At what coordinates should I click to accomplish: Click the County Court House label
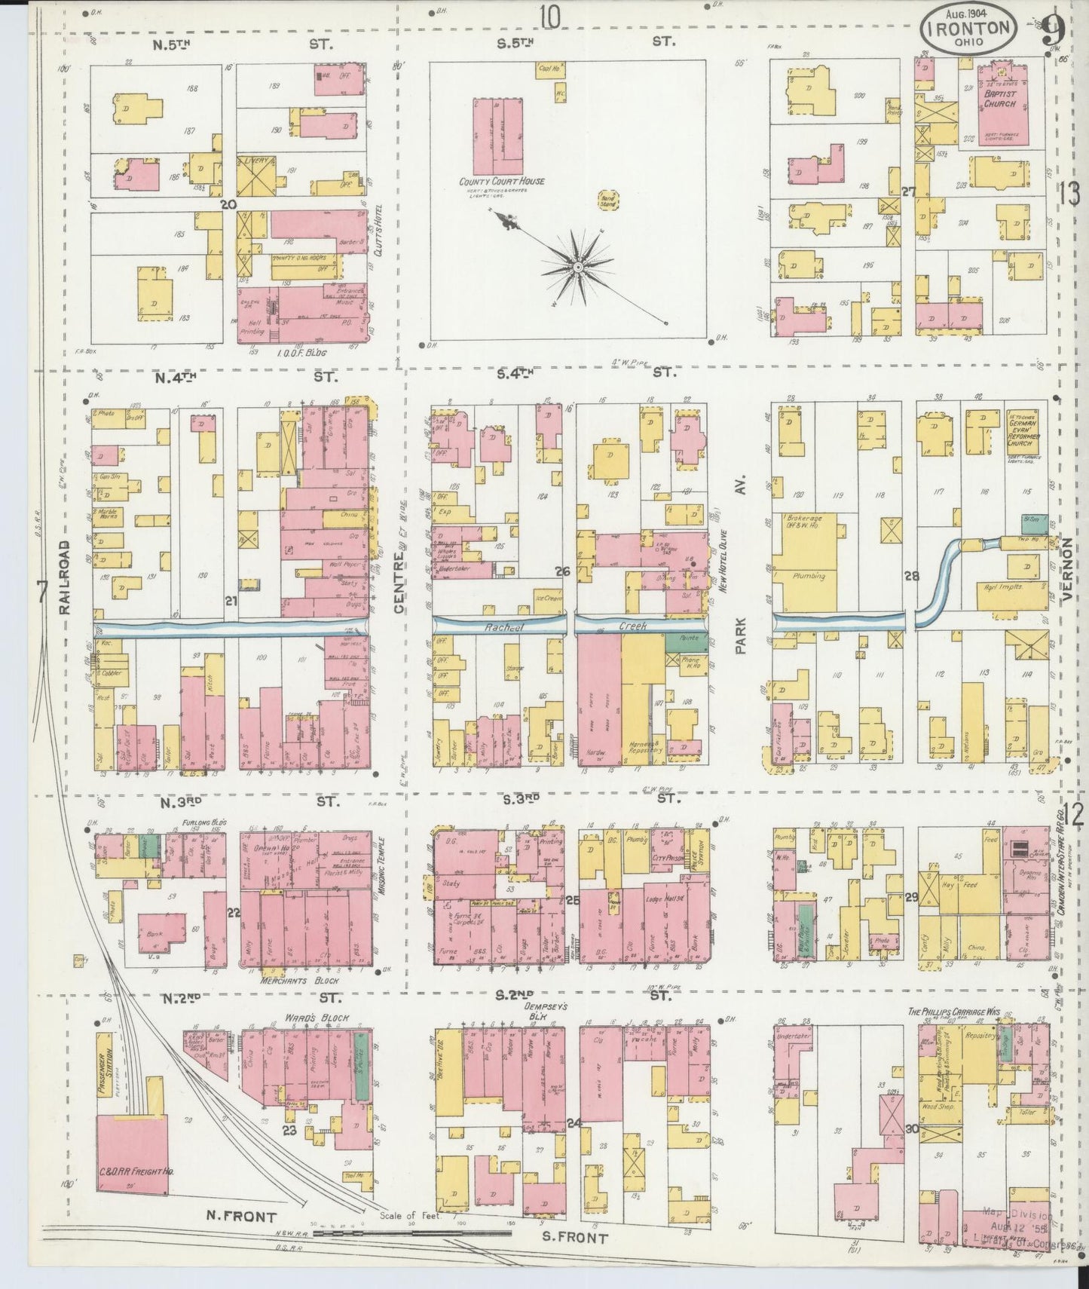(x=502, y=182)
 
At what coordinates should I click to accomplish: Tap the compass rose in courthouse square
(x=577, y=265)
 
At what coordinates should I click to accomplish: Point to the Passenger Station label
(x=109, y=1070)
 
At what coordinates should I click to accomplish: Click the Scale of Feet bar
(x=411, y=1234)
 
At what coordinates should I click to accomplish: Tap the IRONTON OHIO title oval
(x=968, y=28)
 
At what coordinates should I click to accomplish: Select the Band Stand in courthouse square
(x=606, y=201)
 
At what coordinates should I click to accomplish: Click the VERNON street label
(x=1067, y=568)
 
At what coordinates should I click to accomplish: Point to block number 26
(x=562, y=571)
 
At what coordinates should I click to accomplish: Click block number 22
(x=234, y=913)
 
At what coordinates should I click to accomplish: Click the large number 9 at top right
(x=1052, y=32)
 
